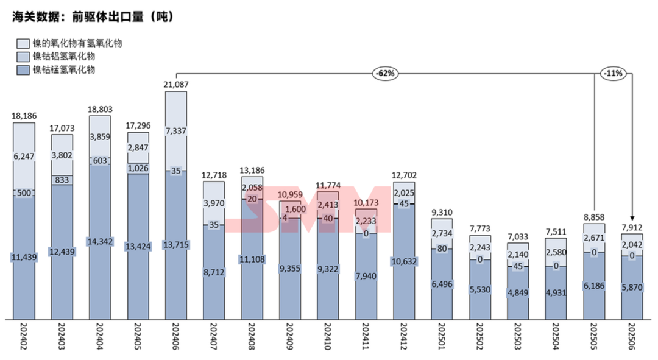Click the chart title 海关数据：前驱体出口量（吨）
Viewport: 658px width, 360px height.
tap(94, 17)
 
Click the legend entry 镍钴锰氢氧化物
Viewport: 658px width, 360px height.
tap(64, 70)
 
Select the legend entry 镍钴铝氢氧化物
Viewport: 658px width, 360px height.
tap(64, 57)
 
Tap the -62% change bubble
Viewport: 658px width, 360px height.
tap(385, 74)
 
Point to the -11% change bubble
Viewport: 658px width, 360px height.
tap(612, 74)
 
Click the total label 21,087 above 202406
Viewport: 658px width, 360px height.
tap(176, 85)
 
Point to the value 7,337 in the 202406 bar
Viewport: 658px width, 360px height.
tap(176, 131)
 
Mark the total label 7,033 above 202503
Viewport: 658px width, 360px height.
tap(518, 236)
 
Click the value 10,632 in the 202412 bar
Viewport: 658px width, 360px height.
tap(404, 263)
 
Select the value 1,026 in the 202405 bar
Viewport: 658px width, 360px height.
tap(138, 168)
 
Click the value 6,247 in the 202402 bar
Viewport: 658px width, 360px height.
tap(24, 157)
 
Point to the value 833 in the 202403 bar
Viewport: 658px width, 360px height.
tap(62, 180)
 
